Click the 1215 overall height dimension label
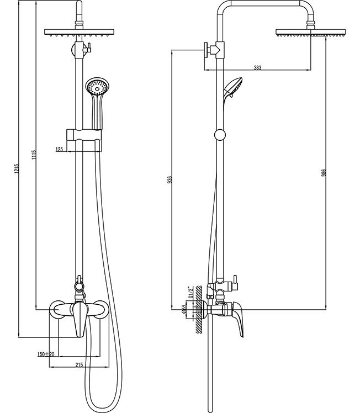(x=17, y=169)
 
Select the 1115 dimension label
(x=34, y=155)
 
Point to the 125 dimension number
(x=60, y=149)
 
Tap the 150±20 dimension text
(x=46, y=354)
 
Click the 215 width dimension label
(x=79, y=365)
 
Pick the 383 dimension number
(x=257, y=68)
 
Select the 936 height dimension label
(x=170, y=179)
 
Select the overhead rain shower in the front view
(x=79, y=32)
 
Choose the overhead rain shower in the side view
(x=310, y=33)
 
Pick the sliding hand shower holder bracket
(x=84, y=135)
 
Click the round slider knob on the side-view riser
(x=220, y=135)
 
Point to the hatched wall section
(x=199, y=310)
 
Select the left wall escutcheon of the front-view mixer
(x=57, y=309)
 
